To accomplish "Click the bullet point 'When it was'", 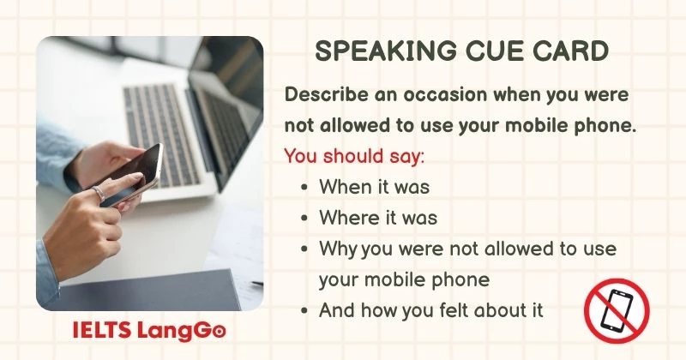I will (x=374, y=186).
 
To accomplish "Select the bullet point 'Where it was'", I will (x=377, y=217).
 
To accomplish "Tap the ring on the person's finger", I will (x=99, y=193).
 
